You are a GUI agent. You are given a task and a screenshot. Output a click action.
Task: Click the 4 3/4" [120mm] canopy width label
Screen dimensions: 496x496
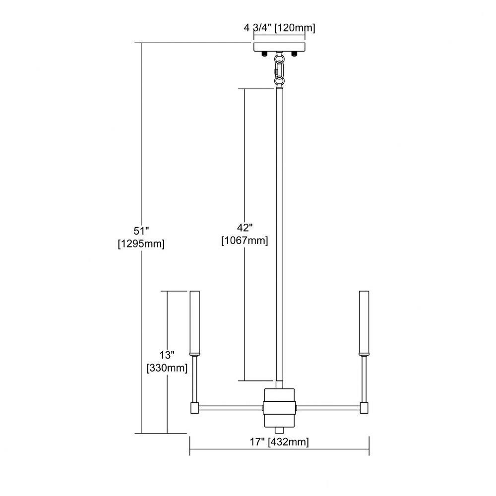click(x=279, y=28)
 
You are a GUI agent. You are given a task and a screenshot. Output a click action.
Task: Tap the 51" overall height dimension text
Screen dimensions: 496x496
click(x=141, y=231)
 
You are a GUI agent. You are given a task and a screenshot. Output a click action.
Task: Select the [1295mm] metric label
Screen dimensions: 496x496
click(x=141, y=244)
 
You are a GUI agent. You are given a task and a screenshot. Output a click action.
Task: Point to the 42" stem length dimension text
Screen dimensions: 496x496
click(x=245, y=228)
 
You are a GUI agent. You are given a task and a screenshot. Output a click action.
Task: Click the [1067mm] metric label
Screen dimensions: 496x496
click(x=245, y=241)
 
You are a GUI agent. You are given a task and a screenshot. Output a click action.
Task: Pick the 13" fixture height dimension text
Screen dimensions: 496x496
click(x=167, y=355)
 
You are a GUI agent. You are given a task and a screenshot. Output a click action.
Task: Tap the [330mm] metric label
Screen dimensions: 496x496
click(x=167, y=368)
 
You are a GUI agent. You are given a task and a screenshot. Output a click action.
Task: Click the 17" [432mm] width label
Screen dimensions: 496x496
click(x=279, y=441)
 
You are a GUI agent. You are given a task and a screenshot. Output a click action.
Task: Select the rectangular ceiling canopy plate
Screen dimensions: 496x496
click(x=279, y=47)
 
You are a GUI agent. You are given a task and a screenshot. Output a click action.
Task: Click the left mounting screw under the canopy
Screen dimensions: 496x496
click(x=263, y=55)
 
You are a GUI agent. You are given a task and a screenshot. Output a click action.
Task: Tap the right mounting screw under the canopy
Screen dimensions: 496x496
click(x=295, y=55)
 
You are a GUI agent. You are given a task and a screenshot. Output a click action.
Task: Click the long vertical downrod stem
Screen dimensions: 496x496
click(x=279, y=235)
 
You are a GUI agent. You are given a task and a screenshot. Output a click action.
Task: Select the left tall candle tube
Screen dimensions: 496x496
click(x=194, y=323)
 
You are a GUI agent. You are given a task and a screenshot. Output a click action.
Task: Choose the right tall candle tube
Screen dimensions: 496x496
click(x=364, y=323)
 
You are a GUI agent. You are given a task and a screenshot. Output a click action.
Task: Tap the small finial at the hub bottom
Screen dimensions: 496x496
click(x=279, y=430)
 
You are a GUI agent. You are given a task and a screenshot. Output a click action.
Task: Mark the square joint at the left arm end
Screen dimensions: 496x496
click(x=194, y=408)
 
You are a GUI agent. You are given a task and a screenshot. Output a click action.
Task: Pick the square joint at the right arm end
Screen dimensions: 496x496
click(x=365, y=408)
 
